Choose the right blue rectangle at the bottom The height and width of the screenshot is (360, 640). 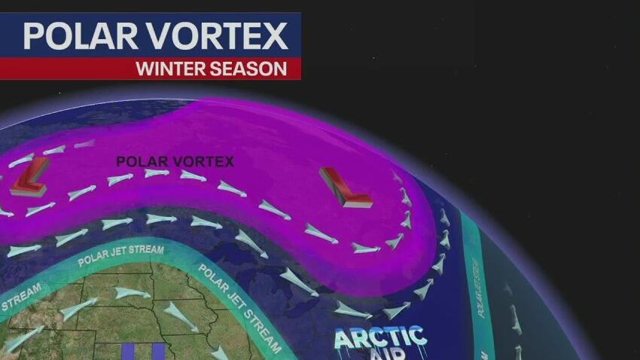pyautogui.click(x=157, y=351)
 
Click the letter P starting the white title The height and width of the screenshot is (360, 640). pyautogui.click(x=34, y=36)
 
